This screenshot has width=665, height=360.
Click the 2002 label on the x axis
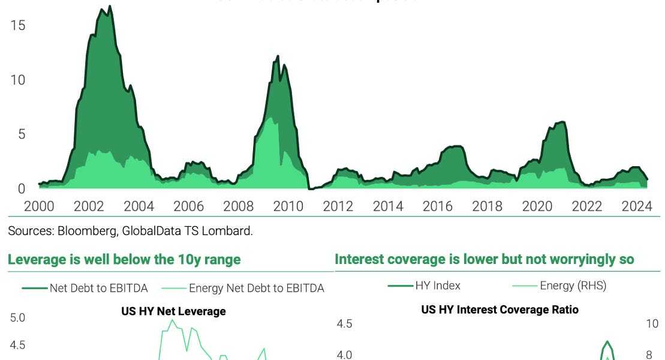point(89,207)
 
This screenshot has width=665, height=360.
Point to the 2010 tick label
point(288,207)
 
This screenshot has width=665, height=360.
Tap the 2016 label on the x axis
point(437,207)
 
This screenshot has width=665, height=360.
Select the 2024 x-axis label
point(636,207)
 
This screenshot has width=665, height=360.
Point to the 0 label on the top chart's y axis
point(22,188)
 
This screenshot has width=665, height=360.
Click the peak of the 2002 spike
point(109,7)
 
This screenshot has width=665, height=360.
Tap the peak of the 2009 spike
point(278,56)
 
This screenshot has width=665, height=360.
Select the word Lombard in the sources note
point(231,231)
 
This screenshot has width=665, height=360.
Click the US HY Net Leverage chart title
point(173,311)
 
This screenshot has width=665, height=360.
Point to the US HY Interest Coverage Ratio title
point(500,310)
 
